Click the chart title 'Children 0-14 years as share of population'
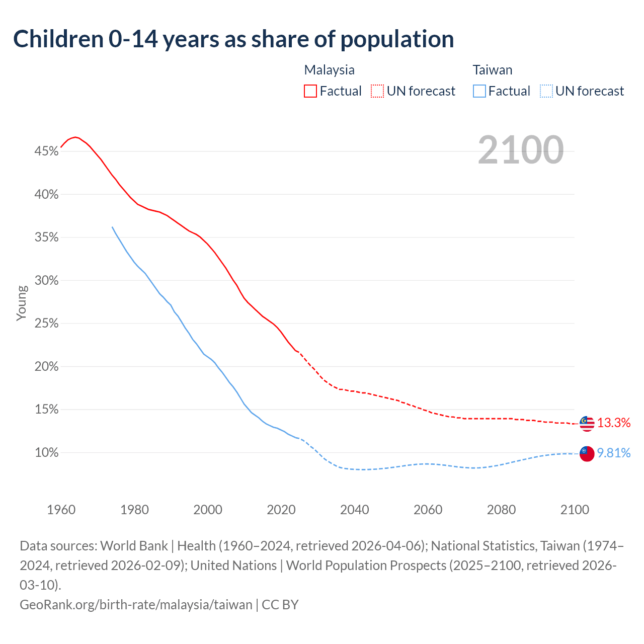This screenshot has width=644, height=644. tap(233, 39)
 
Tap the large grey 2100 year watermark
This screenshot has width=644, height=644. tap(520, 150)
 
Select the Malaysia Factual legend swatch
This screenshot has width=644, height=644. tap(310, 91)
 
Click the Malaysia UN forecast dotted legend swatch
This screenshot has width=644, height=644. tap(377, 91)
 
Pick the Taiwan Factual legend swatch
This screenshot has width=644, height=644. tap(479, 91)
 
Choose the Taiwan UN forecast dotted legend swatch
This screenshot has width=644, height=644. tap(546, 91)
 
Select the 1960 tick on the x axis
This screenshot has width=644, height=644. tap(61, 510)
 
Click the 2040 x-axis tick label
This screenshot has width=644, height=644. tap(355, 510)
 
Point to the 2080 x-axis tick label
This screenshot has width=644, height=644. tap(501, 510)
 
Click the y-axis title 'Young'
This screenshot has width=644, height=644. tap(22, 303)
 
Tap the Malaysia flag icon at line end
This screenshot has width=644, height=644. tap(587, 424)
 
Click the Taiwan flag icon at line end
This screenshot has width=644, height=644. tap(587, 453)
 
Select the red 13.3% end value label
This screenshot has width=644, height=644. tap(614, 423)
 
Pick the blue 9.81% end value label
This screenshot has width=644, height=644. tap(614, 453)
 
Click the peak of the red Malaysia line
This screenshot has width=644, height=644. tap(75, 137)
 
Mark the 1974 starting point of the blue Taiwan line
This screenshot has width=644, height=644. tap(112, 227)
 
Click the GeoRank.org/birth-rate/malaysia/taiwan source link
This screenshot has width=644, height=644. tap(136, 604)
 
